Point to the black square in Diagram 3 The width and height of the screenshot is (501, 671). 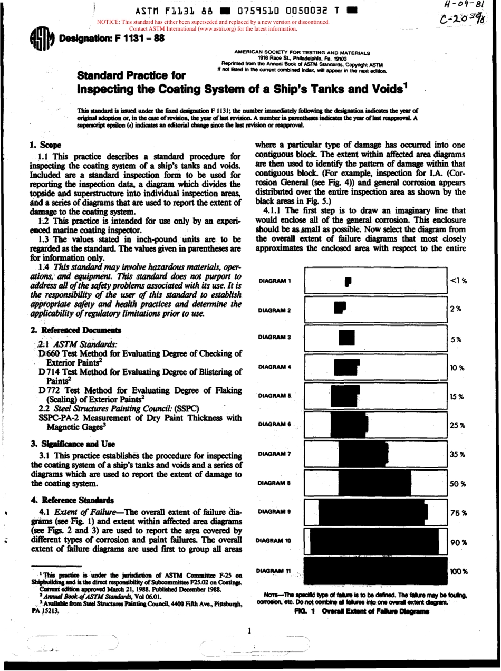pos(346,338)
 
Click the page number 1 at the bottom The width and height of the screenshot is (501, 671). pos(251,630)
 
